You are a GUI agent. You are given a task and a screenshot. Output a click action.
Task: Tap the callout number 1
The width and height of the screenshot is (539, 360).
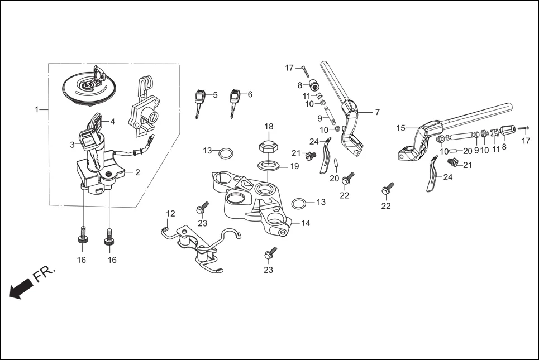(x=37, y=110)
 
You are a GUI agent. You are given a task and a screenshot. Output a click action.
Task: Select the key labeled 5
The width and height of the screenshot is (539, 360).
(x=199, y=102)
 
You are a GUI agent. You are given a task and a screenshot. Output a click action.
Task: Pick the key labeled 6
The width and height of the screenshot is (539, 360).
(x=233, y=101)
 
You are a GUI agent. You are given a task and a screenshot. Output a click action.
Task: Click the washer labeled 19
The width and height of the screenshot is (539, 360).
(x=268, y=166)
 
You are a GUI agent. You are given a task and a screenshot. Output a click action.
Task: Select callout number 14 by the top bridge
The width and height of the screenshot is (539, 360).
(x=306, y=223)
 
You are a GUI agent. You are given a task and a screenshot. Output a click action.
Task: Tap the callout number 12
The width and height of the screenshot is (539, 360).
(x=170, y=213)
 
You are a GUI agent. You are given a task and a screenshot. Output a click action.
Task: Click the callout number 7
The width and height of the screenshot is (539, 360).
(x=377, y=112)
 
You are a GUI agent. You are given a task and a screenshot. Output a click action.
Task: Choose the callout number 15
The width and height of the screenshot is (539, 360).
(x=400, y=128)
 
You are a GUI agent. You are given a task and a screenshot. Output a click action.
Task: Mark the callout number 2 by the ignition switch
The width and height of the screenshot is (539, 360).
(x=137, y=172)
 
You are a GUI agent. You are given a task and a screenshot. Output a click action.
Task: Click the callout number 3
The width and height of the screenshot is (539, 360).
(x=72, y=145)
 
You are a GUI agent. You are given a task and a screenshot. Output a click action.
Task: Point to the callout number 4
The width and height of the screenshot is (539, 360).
(x=112, y=122)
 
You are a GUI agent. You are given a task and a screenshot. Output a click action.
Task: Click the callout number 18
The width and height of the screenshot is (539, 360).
(x=268, y=126)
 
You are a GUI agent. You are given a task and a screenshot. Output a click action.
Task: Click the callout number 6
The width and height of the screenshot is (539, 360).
(x=250, y=94)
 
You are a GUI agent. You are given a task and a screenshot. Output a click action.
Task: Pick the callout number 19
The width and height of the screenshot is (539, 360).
(x=295, y=166)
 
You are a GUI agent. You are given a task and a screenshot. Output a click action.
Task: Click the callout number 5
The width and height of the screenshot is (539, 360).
(x=215, y=94)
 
